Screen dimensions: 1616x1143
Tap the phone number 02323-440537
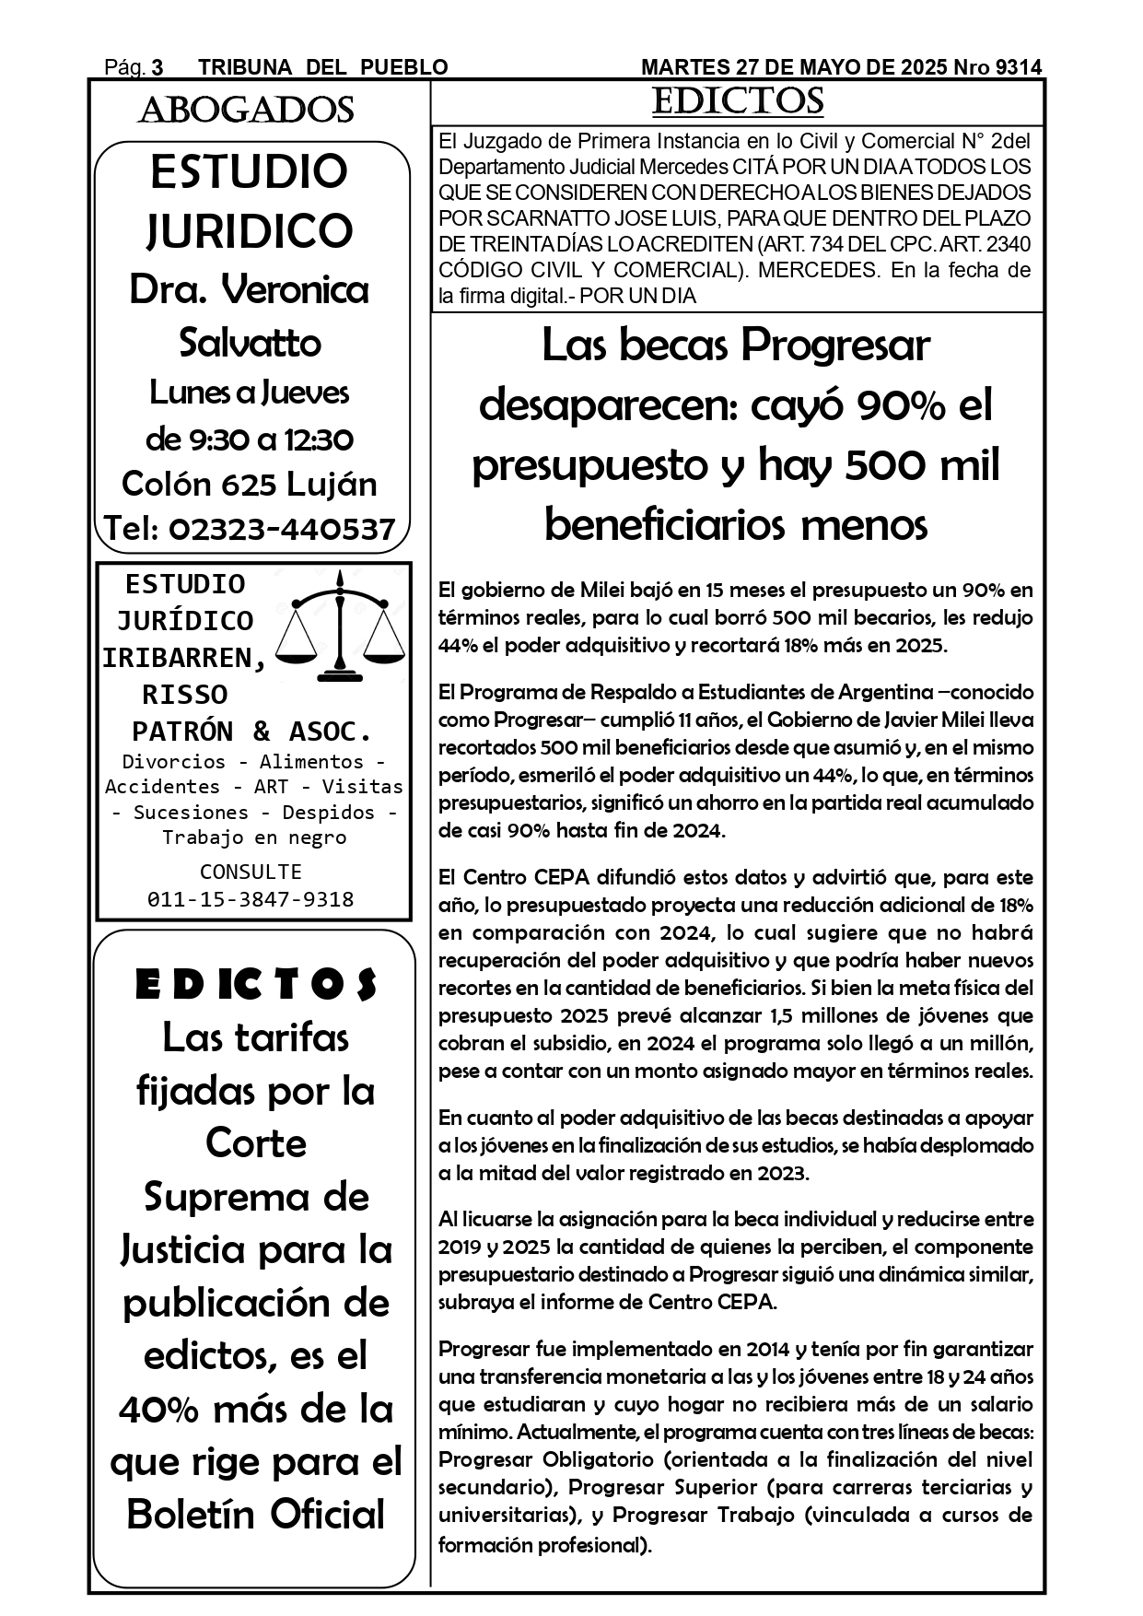283,529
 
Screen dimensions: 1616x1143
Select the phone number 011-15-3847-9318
251,899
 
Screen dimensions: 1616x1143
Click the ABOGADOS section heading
246,111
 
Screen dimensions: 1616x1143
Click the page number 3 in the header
157,67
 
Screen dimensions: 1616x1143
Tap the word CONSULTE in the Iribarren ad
251,872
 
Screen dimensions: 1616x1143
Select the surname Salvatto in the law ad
250,343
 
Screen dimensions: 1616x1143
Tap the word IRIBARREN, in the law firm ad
184,658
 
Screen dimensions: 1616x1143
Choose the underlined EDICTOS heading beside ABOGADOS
737,101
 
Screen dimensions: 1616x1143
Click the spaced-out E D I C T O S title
256,985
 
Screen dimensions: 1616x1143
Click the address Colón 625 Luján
250,484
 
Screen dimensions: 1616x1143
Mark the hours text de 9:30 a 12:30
250,439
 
